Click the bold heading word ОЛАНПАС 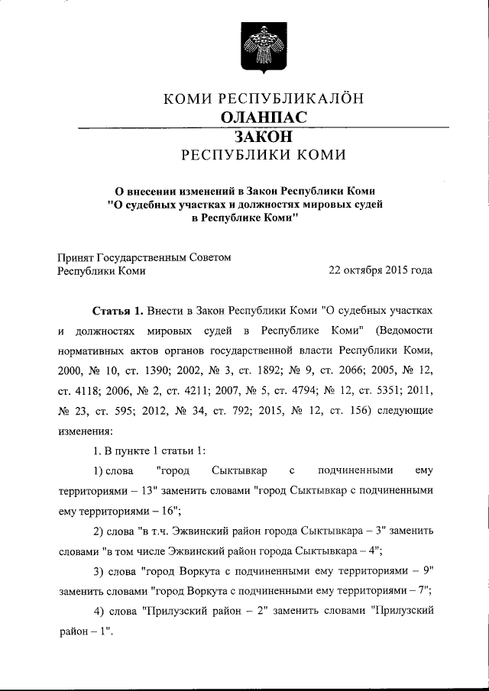click(264, 117)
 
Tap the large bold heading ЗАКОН click(264, 137)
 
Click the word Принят click(76, 257)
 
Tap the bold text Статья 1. click(117, 312)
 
